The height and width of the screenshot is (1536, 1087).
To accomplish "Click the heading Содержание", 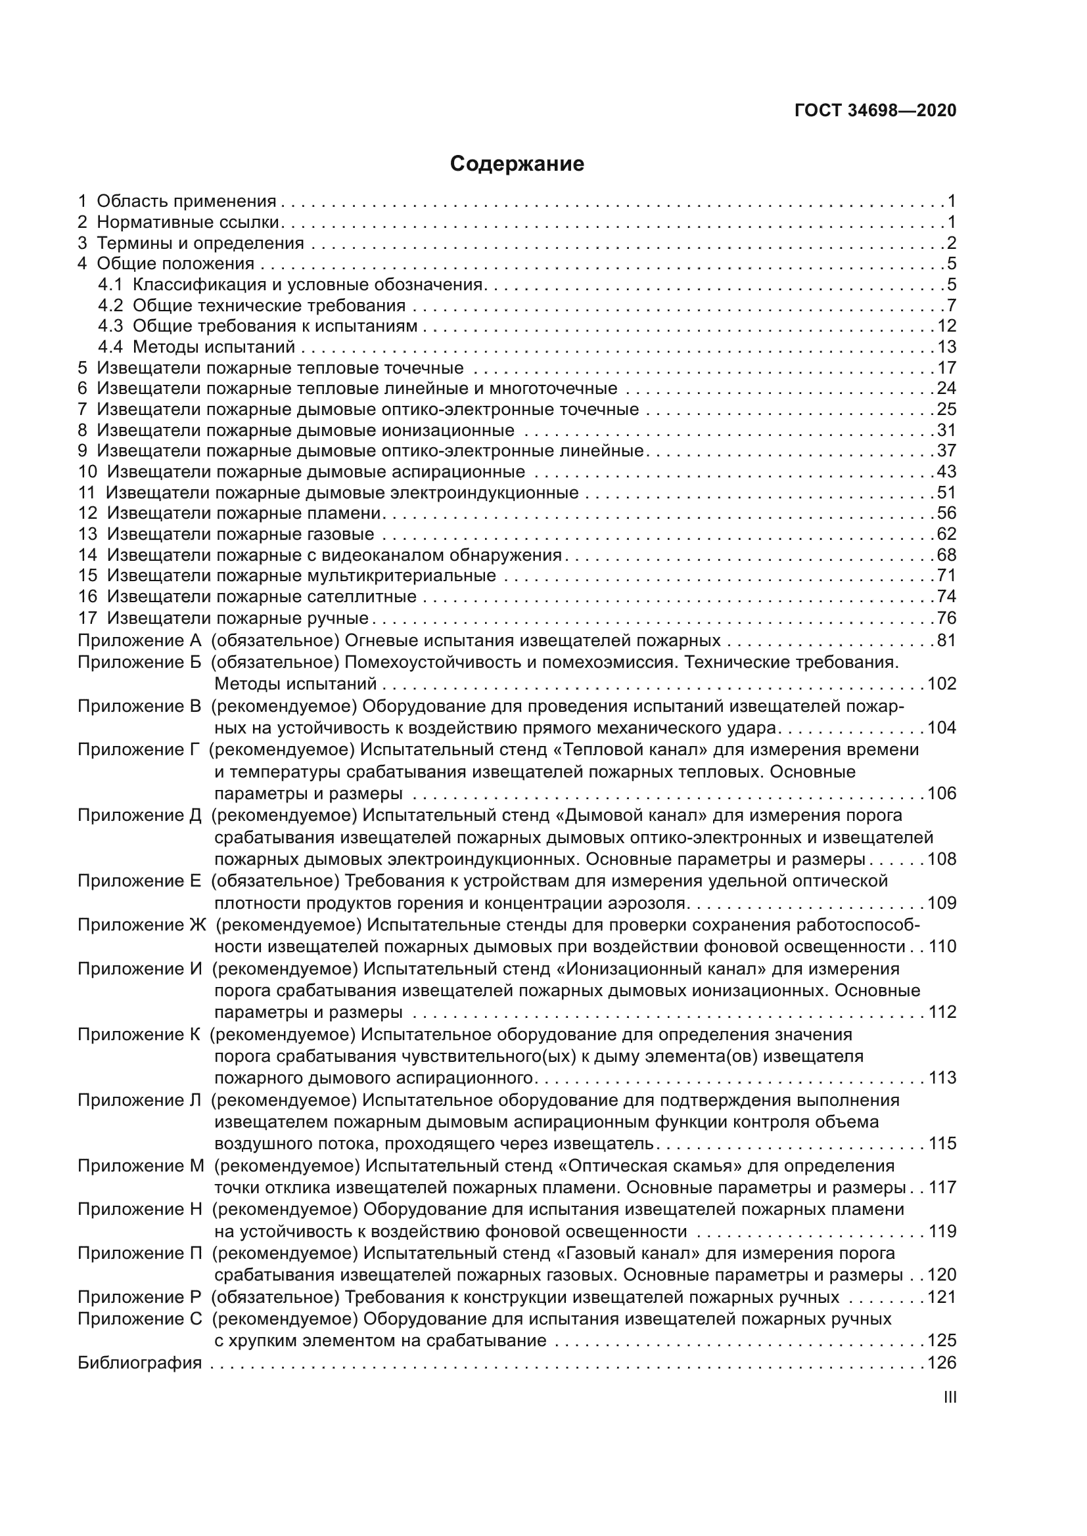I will tap(517, 164).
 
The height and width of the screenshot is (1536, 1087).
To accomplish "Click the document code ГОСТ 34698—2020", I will tap(875, 110).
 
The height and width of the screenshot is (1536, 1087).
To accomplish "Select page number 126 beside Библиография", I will tap(942, 1363).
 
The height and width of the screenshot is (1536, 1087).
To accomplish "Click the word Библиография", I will tap(140, 1363).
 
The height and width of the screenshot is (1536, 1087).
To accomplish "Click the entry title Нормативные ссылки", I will tap(188, 222).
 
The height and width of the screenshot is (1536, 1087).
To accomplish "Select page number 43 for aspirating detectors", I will tap(946, 472).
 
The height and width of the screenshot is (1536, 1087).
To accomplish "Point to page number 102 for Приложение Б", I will tap(942, 684).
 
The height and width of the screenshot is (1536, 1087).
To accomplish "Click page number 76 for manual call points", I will tap(946, 617).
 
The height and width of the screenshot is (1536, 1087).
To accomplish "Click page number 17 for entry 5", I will tap(946, 368).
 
